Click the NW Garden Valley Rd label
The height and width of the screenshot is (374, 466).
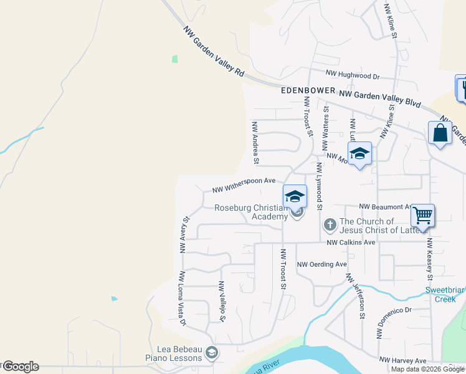(x=214, y=51)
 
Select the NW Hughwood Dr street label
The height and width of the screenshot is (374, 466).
(x=352, y=75)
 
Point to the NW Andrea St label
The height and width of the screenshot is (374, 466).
(x=255, y=143)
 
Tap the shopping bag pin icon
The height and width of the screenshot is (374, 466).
(x=440, y=133)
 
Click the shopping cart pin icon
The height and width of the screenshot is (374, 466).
(x=422, y=216)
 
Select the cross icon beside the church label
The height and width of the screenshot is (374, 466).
(x=330, y=223)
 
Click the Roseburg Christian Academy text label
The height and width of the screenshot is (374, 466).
(x=251, y=212)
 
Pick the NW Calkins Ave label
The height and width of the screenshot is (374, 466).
(x=351, y=242)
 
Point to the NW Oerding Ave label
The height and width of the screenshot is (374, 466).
(x=321, y=264)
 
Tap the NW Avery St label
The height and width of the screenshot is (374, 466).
(x=184, y=234)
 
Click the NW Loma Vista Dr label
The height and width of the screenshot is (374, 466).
(x=183, y=299)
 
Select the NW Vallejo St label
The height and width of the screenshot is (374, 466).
(x=221, y=301)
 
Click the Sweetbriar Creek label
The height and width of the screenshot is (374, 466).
(x=445, y=294)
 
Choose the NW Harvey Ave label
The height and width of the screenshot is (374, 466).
(x=402, y=360)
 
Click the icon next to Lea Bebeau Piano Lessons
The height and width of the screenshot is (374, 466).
(x=212, y=353)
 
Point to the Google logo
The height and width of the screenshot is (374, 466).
(x=21, y=367)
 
